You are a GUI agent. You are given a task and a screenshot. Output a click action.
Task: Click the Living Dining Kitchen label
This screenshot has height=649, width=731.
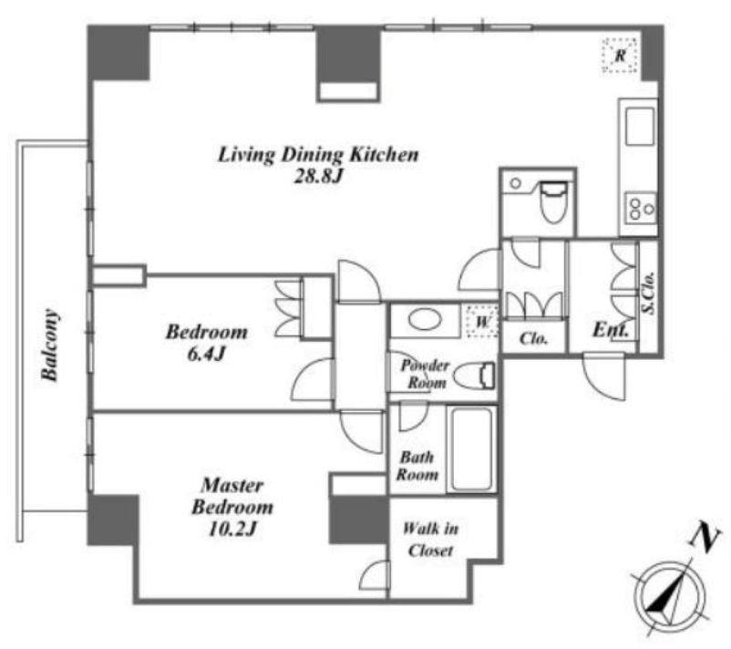[318, 155]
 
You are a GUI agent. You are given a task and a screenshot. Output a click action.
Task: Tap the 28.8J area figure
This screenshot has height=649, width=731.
[318, 176]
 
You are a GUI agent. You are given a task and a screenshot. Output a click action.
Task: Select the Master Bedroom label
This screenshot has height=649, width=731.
[232, 496]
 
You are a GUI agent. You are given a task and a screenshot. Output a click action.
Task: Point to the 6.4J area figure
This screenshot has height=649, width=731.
[207, 354]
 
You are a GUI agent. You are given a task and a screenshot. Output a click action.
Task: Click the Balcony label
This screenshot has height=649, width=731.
[50, 345]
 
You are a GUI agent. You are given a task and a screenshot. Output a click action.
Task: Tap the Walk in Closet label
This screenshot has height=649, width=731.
[430, 540]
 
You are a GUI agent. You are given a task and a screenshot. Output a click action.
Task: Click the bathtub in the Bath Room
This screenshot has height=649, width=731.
[471, 449]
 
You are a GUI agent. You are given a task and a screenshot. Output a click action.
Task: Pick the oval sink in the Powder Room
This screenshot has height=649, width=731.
[425, 320]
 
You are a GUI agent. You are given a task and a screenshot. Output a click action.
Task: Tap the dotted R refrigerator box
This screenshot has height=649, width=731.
[620, 56]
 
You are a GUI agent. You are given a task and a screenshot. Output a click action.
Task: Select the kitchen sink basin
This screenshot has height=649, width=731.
[640, 127]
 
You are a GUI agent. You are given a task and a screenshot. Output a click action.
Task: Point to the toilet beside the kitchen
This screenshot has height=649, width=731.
[553, 201]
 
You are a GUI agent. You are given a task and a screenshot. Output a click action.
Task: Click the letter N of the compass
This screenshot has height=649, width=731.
[705, 537]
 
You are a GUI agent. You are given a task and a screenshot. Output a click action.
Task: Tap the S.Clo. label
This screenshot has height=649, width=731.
[648, 293]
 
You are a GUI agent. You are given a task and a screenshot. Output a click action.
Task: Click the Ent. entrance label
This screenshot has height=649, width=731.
[611, 330]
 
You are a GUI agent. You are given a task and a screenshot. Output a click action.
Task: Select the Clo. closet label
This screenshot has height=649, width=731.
[533, 338]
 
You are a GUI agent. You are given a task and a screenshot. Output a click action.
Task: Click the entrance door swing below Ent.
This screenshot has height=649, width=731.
[604, 376]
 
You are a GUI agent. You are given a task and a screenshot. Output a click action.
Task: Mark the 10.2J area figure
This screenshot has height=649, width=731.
[232, 529]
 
